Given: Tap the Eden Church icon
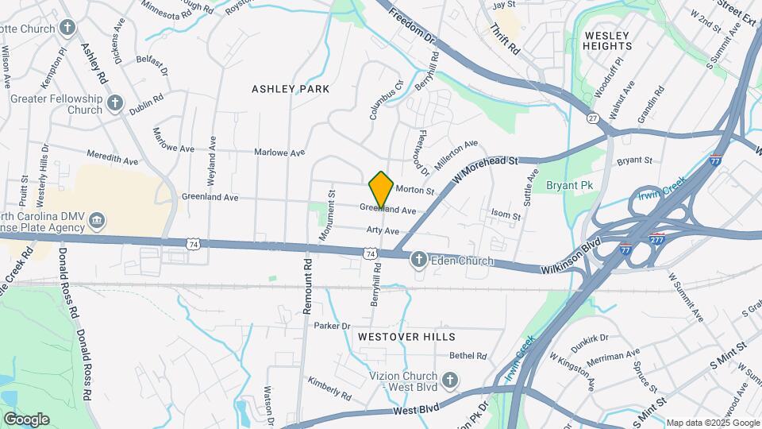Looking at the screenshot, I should [419, 260].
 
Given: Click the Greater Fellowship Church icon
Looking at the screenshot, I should [116, 103].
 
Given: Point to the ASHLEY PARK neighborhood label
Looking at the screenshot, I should [291, 89].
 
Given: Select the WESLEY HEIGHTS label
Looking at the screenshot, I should [607, 41].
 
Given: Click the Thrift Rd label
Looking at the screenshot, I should [504, 38].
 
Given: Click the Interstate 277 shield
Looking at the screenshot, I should [656, 236].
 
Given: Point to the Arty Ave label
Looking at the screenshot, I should [382, 230].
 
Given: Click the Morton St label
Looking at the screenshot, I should [415, 191].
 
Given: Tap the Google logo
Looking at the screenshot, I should [26, 419].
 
